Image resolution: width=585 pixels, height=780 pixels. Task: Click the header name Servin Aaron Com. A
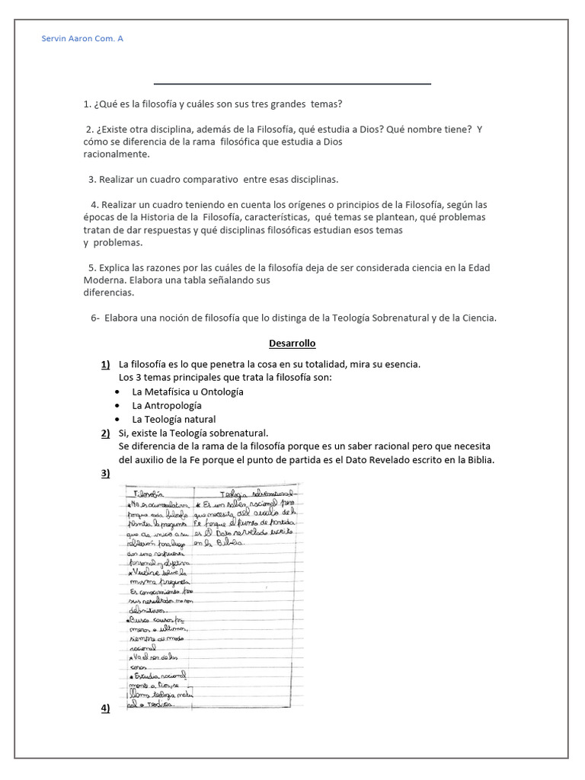pyautogui.click(x=82, y=38)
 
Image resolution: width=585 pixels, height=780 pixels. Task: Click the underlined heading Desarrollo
pyautogui.click(x=292, y=344)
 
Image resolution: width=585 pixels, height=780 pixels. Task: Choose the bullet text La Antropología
pyautogui.click(x=167, y=405)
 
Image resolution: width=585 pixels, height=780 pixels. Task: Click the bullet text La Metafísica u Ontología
pyautogui.click(x=187, y=392)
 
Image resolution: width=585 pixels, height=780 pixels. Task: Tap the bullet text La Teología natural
pyautogui.click(x=174, y=419)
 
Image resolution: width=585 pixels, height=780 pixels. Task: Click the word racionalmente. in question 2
pyautogui.click(x=117, y=154)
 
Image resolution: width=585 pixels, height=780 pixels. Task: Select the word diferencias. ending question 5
pyautogui.click(x=109, y=292)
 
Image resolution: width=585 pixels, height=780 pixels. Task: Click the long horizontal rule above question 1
pyautogui.click(x=292, y=84)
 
